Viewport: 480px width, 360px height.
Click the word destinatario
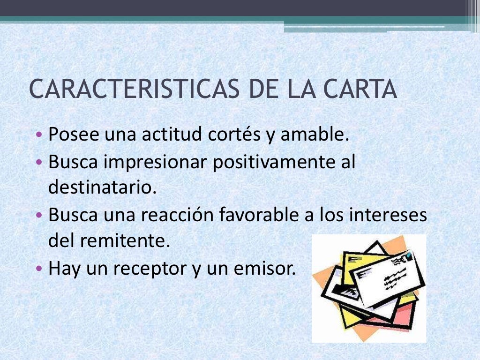click(x=101, y=188)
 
